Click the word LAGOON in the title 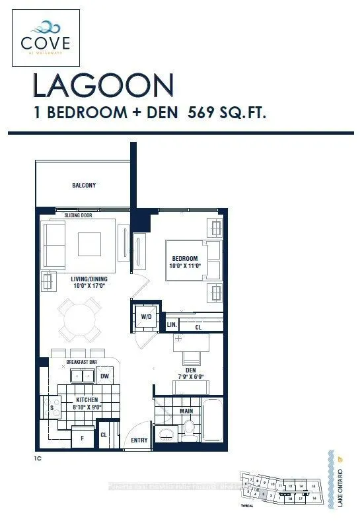click(x=103, y=86)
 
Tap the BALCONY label click(x=84, y=186)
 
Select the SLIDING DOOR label click(x=79, y=216)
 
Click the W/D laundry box click(x=147, y=316)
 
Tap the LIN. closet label click(x=170, y=326)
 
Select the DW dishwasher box click(x=104, y=376)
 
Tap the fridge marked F click(x=81, y=437)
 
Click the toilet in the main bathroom click(x=188, y=430)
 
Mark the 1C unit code click(x=39, y=456)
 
